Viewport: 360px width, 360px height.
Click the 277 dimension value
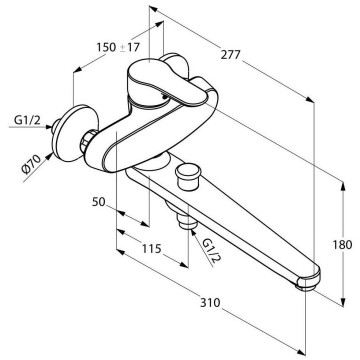click(230, 54)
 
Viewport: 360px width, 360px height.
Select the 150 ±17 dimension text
click(118, 47)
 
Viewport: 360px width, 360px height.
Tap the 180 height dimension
click(342, 245)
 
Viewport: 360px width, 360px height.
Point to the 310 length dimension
click(210, 303)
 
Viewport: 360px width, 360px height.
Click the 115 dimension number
click(152, 248)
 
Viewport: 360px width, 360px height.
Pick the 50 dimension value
click(99, 202)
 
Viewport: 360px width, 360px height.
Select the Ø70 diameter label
click(31, 164)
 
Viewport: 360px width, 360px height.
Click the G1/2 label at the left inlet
click(27, 120)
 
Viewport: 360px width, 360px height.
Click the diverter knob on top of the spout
click(188, 176)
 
